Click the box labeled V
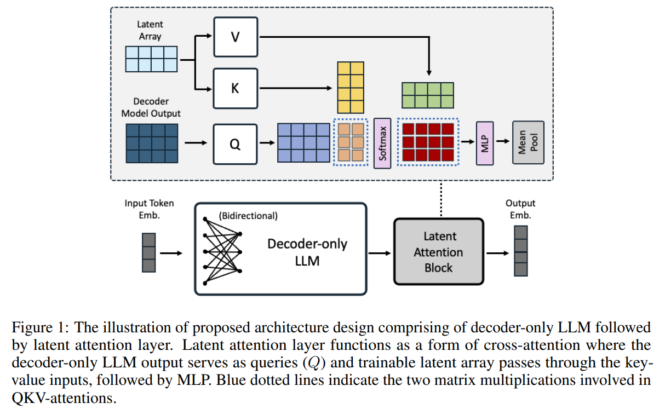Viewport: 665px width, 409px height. [x=236, y=37]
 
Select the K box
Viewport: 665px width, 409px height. [x=236, y=89]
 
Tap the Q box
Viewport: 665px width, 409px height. [x=235, y=144]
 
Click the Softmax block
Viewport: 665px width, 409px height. [x=382, y=143]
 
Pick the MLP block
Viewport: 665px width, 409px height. [x=485, y=143]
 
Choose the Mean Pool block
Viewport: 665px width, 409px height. [x=528, y=142]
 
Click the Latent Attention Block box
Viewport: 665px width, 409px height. [x=439, y=252]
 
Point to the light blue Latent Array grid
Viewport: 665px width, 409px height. [x=151, y=59]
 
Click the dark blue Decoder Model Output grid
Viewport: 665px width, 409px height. [x=152, y=143]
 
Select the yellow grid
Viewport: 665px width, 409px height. [x=351, y=88]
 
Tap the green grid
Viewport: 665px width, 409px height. [x=428, y=95]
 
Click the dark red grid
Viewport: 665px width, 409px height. [x=428, y=142]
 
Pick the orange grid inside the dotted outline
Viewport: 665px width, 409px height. [x=351, y=142]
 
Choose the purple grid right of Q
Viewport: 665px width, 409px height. [x=303, y=143]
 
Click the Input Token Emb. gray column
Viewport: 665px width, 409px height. [x=149, y=252]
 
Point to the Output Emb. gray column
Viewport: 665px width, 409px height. [x=521, y=251]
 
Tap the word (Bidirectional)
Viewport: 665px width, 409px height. [x=248, y=216]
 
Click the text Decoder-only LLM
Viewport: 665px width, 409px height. [x=307, y=252]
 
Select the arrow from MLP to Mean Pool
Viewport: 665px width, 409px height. [x=503, y=141]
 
